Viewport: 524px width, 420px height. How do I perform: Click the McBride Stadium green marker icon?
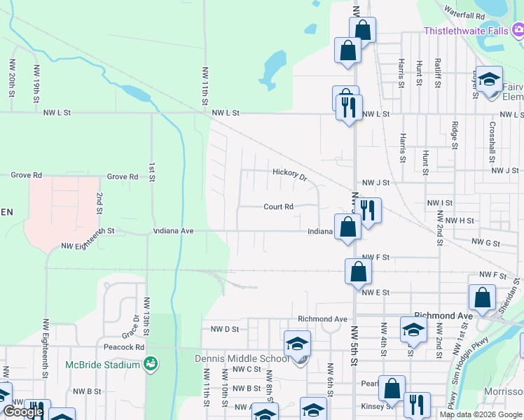pyautogui.click(x=150, y=364)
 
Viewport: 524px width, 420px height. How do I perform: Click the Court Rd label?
pyautogui.click(x=278, y=206)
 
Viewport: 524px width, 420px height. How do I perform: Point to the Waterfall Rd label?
pyautogui.click(x=465, y=15)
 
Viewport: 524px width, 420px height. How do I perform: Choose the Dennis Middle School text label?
pyautogui.click(x=240, y=359)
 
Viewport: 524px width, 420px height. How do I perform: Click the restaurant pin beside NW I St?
pyautogui.click(x=367, y=209)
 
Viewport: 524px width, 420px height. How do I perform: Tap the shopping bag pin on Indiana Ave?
pyautogui.click(x=347, y=227)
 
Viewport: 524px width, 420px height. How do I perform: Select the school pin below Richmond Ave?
pyautogui.click(x=413, y=330)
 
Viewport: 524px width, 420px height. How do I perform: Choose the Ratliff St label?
pyautogui.click(x=437, y=73)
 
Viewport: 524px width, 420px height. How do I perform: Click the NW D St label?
pyautogui.click(x=225, y=328)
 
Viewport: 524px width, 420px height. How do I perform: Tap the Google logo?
pyautogui.click(x=23, y=412)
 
